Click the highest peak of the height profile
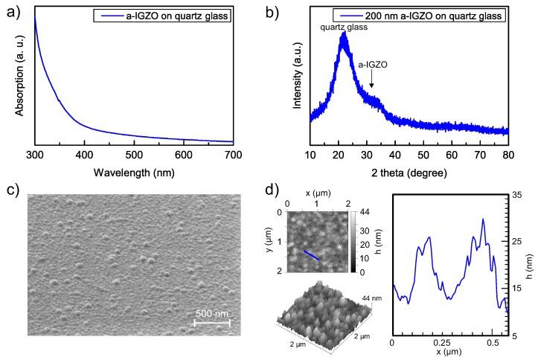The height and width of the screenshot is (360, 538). (483, 219)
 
